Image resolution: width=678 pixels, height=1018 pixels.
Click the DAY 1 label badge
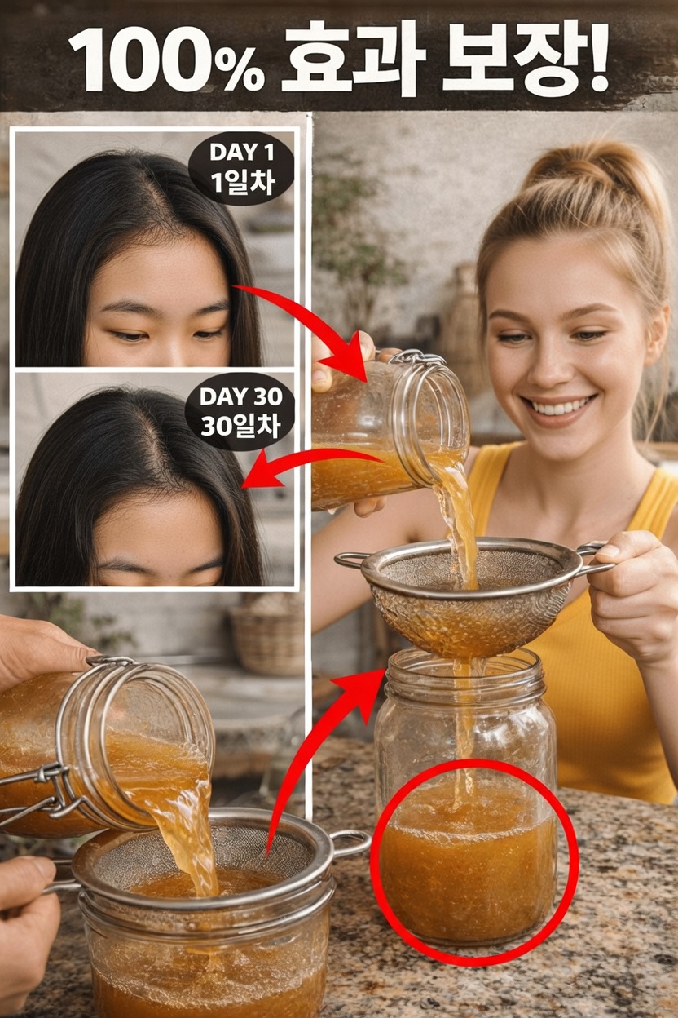point(241,169)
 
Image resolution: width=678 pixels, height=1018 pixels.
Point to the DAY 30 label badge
point(240,412)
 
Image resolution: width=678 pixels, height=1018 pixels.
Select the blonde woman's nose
point(550,364)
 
